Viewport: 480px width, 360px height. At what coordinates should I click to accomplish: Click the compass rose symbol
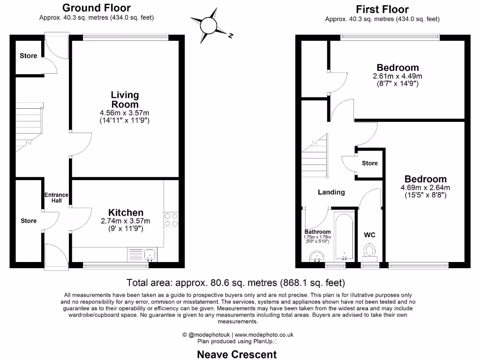[x=208, y=26]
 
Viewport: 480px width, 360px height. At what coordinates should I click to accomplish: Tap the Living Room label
[x=125, y=100]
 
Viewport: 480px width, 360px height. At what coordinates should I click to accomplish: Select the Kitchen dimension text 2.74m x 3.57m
[x=126, y=221]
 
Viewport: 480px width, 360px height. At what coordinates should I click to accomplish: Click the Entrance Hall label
[x=56, y=198]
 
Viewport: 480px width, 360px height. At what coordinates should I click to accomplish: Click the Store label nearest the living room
[x=28, y=56]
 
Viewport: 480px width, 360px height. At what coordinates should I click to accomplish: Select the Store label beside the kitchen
[x=28, y=221]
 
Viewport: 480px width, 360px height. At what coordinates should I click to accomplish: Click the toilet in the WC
[x=370, y=250]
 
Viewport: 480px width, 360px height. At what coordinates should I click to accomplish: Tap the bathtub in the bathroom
[x=344, y=237]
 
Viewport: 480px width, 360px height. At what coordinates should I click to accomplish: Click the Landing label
[x=331, y=192]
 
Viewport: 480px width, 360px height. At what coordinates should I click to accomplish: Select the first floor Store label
[x=369, y=163]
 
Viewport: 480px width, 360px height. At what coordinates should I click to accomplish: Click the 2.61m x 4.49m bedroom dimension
[x=397, y=76]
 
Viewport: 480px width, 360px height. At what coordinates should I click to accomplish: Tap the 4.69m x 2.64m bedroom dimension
[x=425, y=188]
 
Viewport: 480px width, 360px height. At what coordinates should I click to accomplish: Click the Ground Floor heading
[x=96, y=7]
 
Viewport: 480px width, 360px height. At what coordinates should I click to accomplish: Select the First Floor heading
[x=382, y=9]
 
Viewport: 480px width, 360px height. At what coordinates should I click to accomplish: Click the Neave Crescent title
[x=237, y=354]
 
